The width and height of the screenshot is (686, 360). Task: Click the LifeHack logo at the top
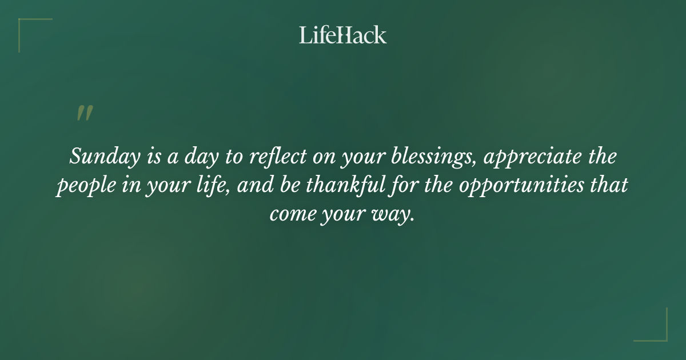pyautogui.click(x=342, y=35)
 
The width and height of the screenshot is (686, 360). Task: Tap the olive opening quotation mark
pyautogui.click(x=84, y=113)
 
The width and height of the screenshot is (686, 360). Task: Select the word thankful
pyautogui.click(x=338, y=186)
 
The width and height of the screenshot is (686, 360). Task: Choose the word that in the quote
pyautogui.click(x=612, y=186)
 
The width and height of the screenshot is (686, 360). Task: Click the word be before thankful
pyautogui.click(x=288, y=186)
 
